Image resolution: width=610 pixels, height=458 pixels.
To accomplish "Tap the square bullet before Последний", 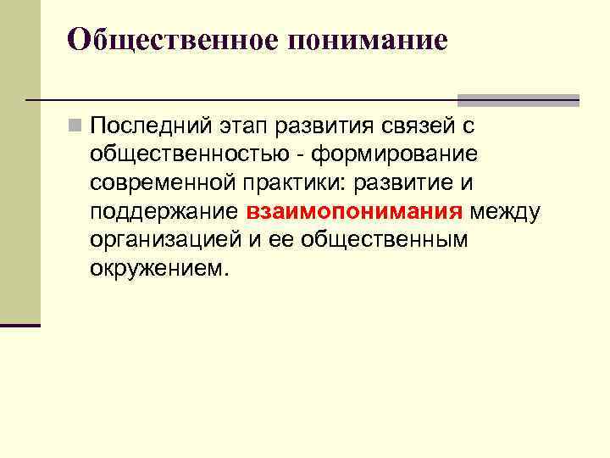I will [x=76, y=127].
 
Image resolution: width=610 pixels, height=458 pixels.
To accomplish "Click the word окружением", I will [x=159, y=269].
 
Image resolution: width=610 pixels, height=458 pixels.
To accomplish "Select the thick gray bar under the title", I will [x=518, y=100].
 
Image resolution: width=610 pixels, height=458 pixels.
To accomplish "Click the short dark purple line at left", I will [x=20, y=325].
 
